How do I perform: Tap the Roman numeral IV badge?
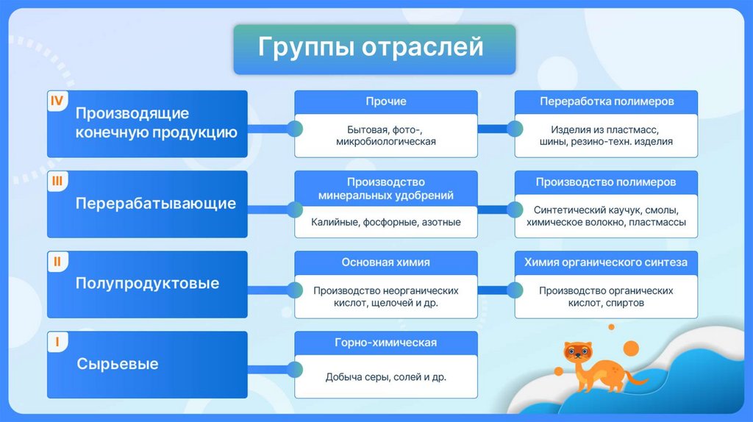[57, 100]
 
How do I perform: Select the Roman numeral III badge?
[57, 180]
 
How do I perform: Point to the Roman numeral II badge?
[57, 260]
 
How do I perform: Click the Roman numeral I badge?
[57, 340]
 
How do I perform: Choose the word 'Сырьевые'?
[117, 364]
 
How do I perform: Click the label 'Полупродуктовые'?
[147, 284]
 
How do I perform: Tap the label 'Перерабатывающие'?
[156, 204]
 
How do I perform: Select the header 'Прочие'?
[386, 101]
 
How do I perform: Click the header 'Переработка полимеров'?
[607, 101]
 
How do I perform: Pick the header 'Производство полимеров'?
[606, 182]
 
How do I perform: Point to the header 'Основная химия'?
[386, 262]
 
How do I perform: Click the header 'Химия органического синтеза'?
[606, 262]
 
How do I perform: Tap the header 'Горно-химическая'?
[386, 343]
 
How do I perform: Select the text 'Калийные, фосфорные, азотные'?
[386, 222]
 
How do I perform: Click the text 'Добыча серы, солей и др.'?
[386, 377]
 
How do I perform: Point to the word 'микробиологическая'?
[386, 142]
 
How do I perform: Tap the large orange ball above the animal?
[630, 347]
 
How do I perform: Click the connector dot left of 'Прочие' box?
[295, 129]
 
